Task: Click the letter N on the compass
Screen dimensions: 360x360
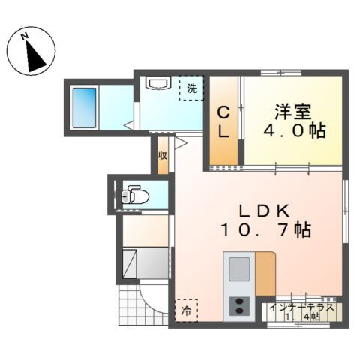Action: click(24, 37)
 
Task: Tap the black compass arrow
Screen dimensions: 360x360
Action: click(35, 57)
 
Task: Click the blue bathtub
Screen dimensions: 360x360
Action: click(84, 108)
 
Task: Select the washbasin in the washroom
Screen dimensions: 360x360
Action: click(158, 82)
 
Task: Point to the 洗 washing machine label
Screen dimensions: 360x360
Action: click(192, 88)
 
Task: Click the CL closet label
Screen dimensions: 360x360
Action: click(223, 121)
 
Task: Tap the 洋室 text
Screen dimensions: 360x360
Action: click(293, 112)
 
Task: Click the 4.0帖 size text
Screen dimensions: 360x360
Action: click(295, 130)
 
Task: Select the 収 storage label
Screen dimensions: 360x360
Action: click(163, 156)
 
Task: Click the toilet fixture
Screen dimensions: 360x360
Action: click(135, 195)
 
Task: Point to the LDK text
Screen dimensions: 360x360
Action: click(265, 211)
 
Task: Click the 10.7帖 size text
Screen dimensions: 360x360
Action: click(265, 229)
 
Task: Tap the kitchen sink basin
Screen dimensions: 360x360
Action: click(239, 269)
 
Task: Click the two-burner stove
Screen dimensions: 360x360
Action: click(239, 306)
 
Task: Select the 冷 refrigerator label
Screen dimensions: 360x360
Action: click(186, 310)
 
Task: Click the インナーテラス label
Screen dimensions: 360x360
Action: click(301, 307)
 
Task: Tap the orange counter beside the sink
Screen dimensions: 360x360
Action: click(265, 274)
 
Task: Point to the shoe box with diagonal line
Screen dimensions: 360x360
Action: click(130, 263)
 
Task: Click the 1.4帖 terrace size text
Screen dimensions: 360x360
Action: click(303, 316)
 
